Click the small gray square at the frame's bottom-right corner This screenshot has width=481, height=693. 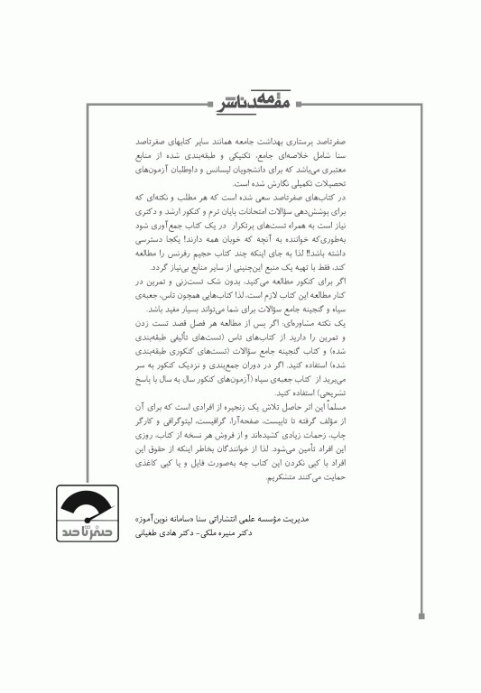click(421, 616)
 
